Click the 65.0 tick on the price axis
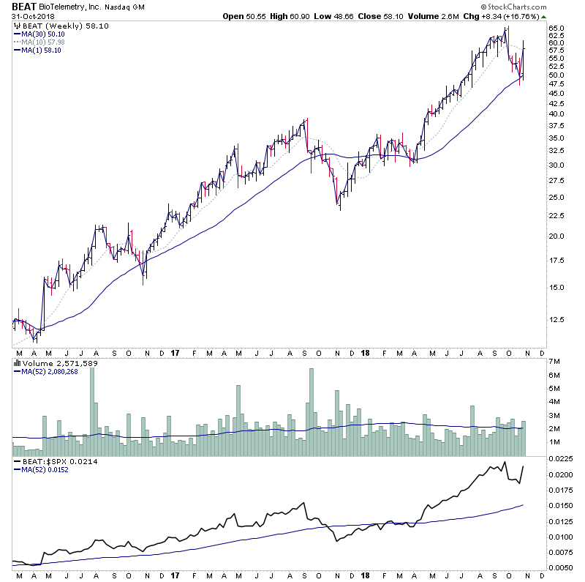(557, 29)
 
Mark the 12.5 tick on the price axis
(557, 320)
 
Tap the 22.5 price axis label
(557, 215)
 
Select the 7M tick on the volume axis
(554, 362)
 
